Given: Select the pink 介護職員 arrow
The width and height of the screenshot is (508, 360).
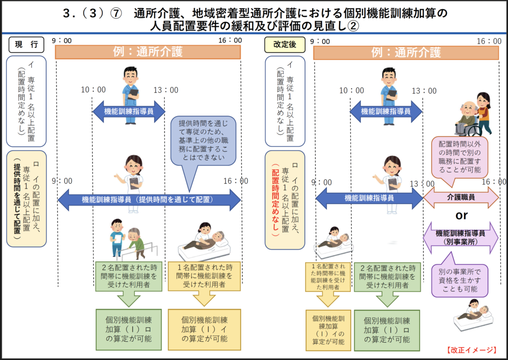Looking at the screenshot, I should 461,197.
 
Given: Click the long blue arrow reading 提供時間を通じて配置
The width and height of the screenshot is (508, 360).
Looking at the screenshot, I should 149,200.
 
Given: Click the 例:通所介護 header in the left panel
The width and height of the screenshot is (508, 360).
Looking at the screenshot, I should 148,52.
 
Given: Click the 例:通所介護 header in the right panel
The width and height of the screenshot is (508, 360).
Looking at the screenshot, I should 406,52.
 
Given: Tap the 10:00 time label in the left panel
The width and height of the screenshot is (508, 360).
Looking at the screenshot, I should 94,90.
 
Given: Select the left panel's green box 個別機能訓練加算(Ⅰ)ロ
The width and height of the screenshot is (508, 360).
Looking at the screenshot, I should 128,329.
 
